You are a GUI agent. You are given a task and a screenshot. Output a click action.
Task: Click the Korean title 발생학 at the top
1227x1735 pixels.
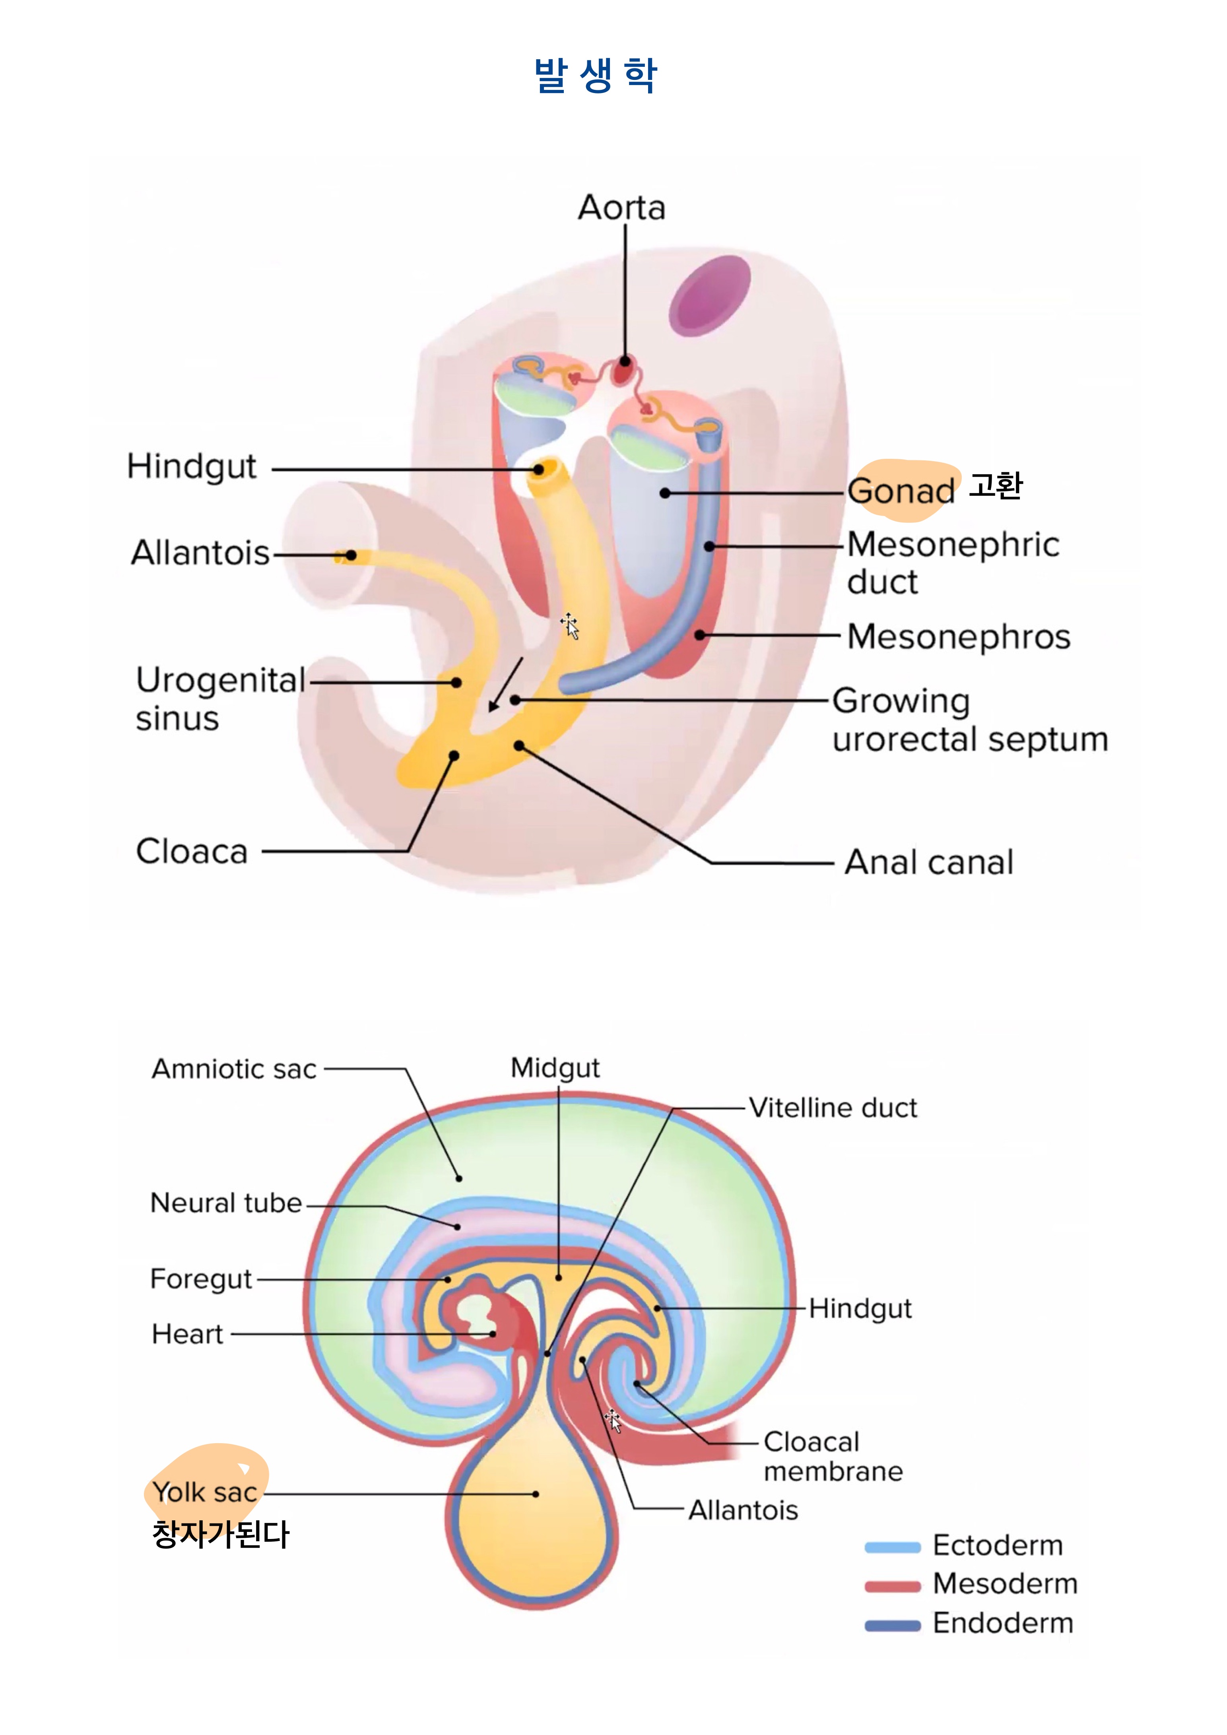point(595,76)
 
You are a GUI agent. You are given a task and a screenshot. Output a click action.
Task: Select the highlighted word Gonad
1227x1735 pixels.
point(901,491)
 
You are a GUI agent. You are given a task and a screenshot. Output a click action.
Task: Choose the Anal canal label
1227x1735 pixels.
point(928,862)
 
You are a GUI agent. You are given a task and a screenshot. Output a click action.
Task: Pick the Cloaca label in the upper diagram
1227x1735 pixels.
point(192,852)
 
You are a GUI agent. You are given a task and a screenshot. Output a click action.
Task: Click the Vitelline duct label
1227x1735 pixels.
point(833,1108)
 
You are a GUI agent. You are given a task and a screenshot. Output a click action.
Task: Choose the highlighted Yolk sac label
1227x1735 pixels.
point(205,1492)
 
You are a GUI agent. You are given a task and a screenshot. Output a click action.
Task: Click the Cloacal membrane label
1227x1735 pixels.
point(833,1456)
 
